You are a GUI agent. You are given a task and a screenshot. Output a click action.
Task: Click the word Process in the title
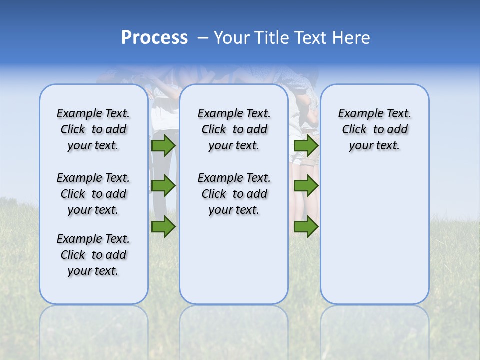pyautogui.click(x=154, y=38)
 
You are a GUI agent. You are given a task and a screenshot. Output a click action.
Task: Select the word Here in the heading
pyautogui.click(x=352, y=38)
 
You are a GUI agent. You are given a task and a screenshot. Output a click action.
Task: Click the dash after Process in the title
pyautogui.click(x=203, y=38)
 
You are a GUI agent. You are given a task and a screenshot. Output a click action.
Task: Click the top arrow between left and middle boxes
pyautogui.click(x=163, y=146)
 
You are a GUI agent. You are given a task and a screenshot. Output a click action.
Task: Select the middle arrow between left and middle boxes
pyautogui.click(x=163, y=186)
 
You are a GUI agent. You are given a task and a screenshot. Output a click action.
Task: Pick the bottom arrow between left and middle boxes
pyautogui.click(x=163, y=227)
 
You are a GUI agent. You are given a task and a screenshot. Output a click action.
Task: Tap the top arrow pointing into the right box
pyautogui.click(x=306, y=146)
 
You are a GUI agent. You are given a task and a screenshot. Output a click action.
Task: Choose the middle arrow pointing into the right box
pyautogui.click(x=306, y=186)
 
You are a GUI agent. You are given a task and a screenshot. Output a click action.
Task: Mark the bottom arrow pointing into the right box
pyautogui.click(x=306, y=227)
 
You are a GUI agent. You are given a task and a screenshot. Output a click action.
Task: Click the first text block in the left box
pyautogui.click(x=93, y=129)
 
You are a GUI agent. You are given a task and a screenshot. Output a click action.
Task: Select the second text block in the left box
pyautogui.click(x=93, y=194)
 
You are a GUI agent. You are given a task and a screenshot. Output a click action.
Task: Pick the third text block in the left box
pyautogui.click(x=93, y=255)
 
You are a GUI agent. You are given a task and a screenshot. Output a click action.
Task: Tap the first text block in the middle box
pyautogui.click(x=234, y=129)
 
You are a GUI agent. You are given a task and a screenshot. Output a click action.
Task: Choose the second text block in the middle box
pyautogui.click(x=234, y=194)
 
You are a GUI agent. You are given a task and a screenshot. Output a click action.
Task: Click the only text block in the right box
pyautogui.click(x=374, y=129)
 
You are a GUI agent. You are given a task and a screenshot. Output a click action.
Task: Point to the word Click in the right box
pyautogui.click(x=354, y=130)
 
